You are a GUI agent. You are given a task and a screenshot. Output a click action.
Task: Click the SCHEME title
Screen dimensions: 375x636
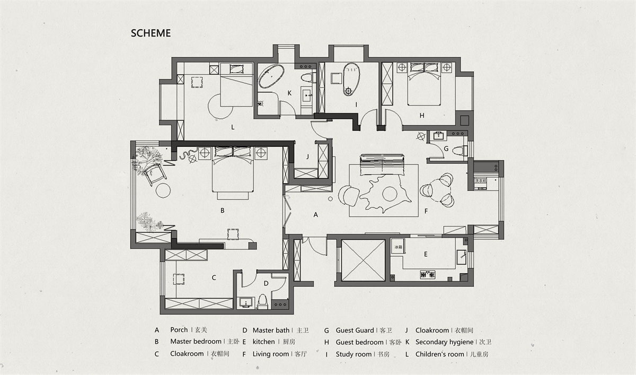151,33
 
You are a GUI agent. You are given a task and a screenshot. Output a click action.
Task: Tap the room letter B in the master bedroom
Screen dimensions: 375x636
223,211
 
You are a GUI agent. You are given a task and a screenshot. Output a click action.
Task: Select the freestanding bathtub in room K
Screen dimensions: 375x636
271,76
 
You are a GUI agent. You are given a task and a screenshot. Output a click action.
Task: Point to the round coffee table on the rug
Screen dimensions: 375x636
390,194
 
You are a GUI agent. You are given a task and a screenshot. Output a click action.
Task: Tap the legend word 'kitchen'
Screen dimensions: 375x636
263,342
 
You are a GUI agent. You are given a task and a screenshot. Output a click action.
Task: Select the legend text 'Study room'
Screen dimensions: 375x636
354,354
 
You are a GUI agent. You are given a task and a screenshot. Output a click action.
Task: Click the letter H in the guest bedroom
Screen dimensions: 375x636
422,115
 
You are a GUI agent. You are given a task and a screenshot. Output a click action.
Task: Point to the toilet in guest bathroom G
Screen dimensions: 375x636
461,150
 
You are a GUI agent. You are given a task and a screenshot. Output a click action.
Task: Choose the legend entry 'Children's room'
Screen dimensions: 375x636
439,354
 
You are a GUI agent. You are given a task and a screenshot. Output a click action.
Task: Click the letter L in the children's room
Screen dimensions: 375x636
233,127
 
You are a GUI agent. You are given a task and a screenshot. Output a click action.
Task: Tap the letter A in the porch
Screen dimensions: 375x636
316,215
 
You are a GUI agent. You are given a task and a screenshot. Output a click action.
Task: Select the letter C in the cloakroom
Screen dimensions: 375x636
214,277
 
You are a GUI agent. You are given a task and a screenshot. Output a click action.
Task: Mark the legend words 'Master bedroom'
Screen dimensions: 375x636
196,342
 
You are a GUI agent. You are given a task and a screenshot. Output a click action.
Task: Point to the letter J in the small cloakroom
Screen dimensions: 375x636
307,157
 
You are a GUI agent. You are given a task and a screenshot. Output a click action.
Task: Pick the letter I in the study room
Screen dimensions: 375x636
357,105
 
